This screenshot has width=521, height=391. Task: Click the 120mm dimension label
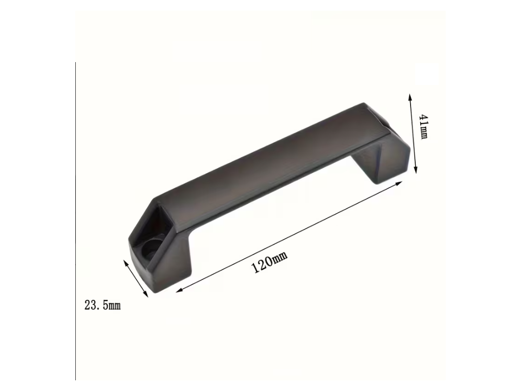(270, 262)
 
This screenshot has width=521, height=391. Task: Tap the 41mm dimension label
(424, 127)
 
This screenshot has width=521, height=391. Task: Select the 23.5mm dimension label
(102, 305)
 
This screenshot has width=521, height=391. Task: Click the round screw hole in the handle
(149, 248)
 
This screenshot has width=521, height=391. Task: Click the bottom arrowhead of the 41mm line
(415, 170)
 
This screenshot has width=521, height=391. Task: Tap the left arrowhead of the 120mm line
(180, 290)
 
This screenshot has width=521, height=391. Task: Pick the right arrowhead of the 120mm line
(399, 183)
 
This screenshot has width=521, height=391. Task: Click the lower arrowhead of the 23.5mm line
(145, 293)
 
